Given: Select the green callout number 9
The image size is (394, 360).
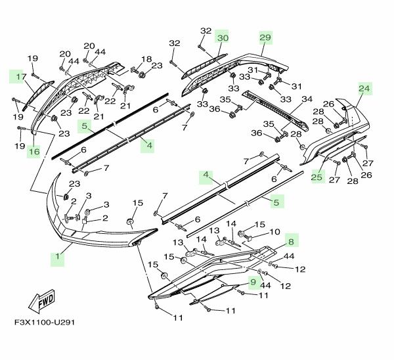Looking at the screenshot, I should point(252,283).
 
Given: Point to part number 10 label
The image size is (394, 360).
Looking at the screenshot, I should point(274,231).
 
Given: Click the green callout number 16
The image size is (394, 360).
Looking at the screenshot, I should point(34,152).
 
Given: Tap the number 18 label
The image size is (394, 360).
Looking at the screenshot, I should point(146,59).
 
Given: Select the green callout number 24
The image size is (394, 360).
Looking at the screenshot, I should point(364,88).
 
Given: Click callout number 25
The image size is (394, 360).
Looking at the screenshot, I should point(317,176).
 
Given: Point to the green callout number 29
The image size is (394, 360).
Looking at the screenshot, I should point(265,39).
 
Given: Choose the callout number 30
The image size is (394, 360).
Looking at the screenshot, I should point(223,39).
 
